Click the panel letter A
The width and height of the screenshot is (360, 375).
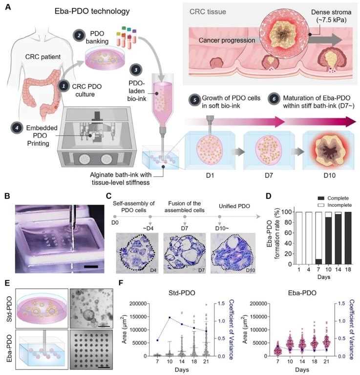tap(8, 9)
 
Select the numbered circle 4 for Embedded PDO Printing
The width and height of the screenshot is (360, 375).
tap(18, 128)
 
